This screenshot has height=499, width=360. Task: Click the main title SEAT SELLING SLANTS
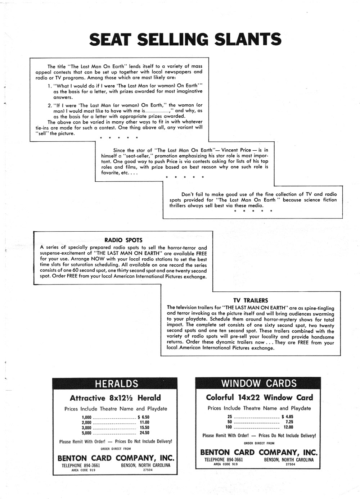pyautogui.click(x=185, y=40)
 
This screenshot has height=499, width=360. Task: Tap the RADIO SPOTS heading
pyautogui.click(x=123, y=240)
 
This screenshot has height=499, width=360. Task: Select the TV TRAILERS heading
pyautogui.click(x=251, y=300)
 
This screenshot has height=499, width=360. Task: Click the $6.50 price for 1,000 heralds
pyautogui.click(x=143, y=417)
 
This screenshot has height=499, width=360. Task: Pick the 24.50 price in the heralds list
pyautogui.click(x=144, y=433)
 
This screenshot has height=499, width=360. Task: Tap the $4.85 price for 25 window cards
pyautogui.click(x=287, y=417)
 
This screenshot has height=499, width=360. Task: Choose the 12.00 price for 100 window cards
pyautogui.click(x=288, y=427)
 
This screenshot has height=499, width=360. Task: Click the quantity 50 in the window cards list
pyautogui.click(x=230, y=422)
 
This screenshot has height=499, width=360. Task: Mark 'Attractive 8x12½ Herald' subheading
pyautogui.click(x=115, y=398)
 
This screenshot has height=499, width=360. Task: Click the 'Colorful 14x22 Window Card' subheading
pyautogui.click(x=259, y=398)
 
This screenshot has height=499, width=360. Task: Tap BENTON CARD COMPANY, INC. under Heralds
pyautogui.click(x=116, y=458)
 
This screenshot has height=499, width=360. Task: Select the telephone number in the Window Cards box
pyautogui.click(x=224, y=459)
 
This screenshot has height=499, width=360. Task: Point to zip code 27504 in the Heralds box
pyautogui.click(x=148, y=470)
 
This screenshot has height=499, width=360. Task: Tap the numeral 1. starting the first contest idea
pyautogui.click(x=50, y=86)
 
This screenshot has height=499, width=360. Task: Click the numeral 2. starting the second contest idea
pyautogui.click(x=50, y=105)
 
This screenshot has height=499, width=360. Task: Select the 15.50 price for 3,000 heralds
pyautogui.click(x=144, y=428)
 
